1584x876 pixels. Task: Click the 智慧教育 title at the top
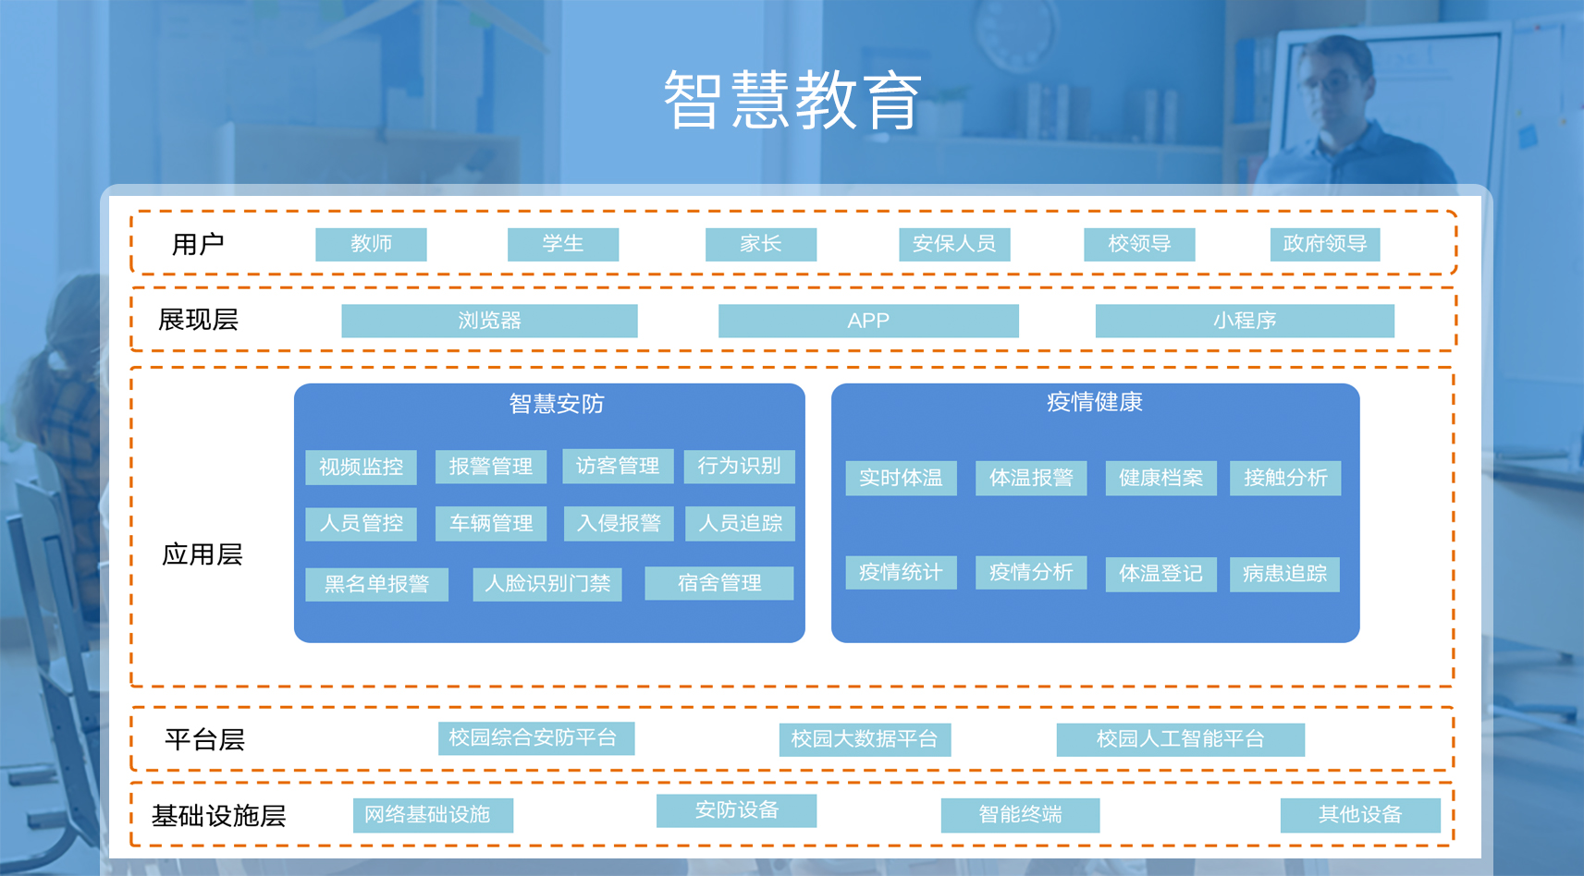pyautogui.click(x=792, y=100)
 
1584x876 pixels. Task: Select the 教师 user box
pyautogui.click(x=371, y=244)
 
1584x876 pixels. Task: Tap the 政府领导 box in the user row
pyautogui.click(x=1324, y=244)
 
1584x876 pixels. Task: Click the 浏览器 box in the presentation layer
pyautogui.click(x=489, y=321)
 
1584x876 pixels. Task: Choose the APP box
pyautogui.click(x=868, y=321)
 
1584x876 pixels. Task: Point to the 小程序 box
pyautogui.click(x=1245, y=321)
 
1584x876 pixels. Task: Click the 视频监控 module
pyautogui.click(x=361, y=467)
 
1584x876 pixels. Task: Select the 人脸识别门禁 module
pyautogui.click(x=547, y=584)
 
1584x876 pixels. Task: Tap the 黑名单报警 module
pyautogui.click(x=377, y=584)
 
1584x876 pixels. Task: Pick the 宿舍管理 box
pyautogui.click(x=719, y=583)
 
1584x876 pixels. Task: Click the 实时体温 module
pyautogui.click(x=901, y=478)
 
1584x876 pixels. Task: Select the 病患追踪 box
pyautogui.click(x=1284, y=574)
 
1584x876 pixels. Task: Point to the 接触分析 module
pyautogui.click(x=1285, y=478)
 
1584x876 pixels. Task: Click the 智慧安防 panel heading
pyautogui.click(x=556, y=404)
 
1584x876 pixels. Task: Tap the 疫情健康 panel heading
pyautogui.click(x=1095, y=402)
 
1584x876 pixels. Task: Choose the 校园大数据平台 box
pyautogui.click(x=865, y=739)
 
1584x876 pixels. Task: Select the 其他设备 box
pyautogui.click(x=1360, y=815)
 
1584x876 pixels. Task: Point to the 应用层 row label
pyautogui.click(x=202, y=554)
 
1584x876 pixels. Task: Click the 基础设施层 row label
pyautogui.click(x=218, y=816)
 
